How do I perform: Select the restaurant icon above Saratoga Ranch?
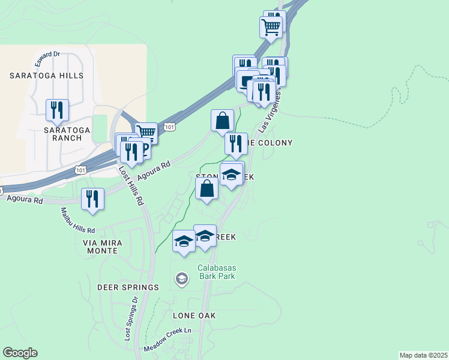pyautogui.click(x=57, y=110)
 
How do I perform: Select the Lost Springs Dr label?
pyautogui.click(x=131, y=319)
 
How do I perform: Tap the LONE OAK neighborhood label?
pyautogui.click(x=194, y=315)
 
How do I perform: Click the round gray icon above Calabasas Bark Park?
pyautogui.click(x=181, y=278)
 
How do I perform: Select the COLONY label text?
pyautogui.click(x=273, y=143)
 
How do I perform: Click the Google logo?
pyautogui.click(x=20, y=353)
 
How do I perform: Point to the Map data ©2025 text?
pyautogui.click(x=423, y=355)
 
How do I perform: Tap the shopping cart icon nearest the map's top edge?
pyautogui.click(x=271, y=26)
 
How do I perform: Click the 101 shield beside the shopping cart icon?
pyautogui.click(x=170, y=127)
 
